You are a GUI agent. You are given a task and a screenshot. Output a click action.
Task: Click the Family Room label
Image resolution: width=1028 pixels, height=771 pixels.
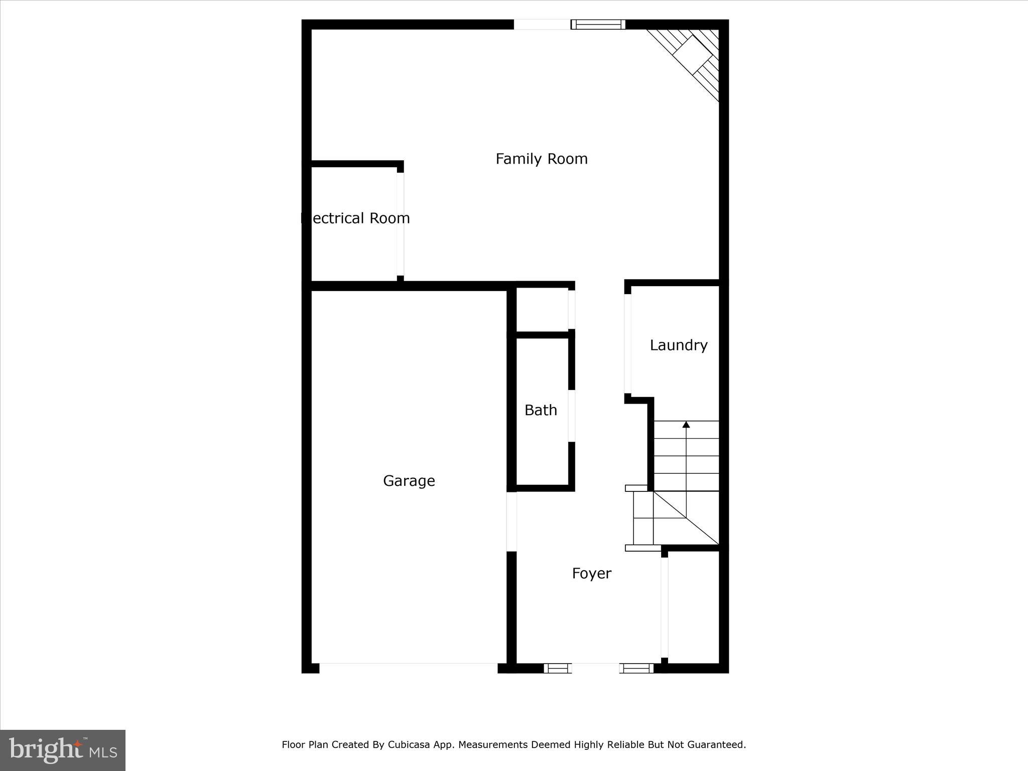tap(541, 159)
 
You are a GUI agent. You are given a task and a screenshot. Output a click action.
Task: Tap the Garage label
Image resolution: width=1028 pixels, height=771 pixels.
tap(409, 481)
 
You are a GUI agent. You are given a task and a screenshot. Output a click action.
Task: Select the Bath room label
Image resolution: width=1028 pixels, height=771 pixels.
tap(541, 411)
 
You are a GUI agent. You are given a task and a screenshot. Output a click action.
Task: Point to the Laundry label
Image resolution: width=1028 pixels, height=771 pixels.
tap(678, 345)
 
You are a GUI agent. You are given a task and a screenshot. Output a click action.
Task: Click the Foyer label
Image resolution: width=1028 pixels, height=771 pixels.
tap(591, 573)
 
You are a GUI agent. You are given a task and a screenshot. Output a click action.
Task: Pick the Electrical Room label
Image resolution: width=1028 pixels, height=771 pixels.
tap(355, 218)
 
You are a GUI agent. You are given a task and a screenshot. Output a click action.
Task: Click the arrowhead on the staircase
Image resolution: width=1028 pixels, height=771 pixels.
tap(686, 425)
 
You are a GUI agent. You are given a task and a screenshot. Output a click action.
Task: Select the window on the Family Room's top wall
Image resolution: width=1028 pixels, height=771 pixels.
tap(598, 24)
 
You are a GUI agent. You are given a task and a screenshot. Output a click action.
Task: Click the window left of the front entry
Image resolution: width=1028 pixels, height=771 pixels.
tap(558, 668)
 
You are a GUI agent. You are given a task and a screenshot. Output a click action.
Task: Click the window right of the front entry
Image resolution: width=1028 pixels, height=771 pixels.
tap(636, 668)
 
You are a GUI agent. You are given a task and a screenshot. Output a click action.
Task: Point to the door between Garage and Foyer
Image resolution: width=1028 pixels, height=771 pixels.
tap(511, 522)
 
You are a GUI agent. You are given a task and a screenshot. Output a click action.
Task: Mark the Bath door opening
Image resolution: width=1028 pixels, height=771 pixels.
tap(571, 416)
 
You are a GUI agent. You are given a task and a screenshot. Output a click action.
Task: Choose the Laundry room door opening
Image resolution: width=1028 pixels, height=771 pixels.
tap(627, 344)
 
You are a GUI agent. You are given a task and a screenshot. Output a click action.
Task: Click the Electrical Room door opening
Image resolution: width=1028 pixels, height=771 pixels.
tap(400, 224)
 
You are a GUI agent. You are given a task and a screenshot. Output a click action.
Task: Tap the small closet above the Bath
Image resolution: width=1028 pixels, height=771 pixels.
tap(542, 309)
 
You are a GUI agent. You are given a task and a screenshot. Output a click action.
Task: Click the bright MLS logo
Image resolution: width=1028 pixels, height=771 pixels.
tap(63, 750)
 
